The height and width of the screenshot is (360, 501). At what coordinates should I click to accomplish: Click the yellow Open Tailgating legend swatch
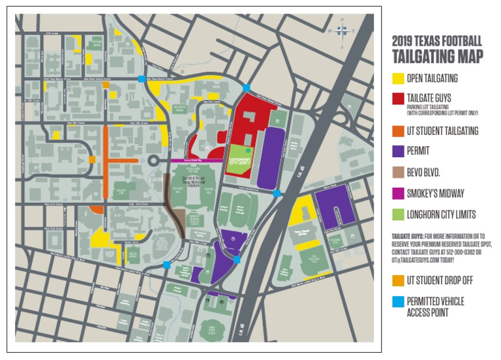397,79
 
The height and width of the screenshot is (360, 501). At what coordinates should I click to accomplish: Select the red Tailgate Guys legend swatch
397,98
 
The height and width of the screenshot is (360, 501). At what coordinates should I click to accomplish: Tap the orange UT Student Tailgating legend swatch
397,131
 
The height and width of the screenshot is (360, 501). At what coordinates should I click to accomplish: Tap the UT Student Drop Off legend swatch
397,280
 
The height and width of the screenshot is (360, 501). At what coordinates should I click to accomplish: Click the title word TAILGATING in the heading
437,57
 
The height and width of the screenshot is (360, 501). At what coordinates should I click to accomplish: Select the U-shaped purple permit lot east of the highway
334,205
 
